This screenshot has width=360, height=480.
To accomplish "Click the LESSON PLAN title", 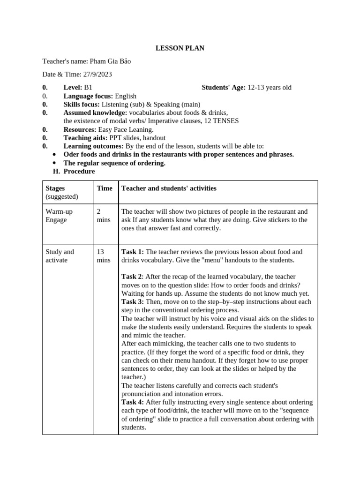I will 180,48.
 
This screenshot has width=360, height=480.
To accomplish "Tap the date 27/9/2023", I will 97,75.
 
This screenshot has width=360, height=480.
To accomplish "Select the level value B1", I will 88,88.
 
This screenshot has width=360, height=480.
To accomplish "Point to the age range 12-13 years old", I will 270,88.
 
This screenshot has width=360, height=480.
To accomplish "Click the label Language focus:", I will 88,96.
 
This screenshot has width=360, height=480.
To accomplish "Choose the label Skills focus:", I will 82,105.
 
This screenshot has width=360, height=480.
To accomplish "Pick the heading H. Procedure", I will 74,172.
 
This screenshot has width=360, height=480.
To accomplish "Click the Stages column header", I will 55,188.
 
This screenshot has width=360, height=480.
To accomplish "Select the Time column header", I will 105,188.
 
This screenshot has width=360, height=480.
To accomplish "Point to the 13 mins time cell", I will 104,256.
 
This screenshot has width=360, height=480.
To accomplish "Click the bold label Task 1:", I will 133,252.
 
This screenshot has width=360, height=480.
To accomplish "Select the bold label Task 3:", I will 133,302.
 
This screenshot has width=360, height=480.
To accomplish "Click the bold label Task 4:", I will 133,403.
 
